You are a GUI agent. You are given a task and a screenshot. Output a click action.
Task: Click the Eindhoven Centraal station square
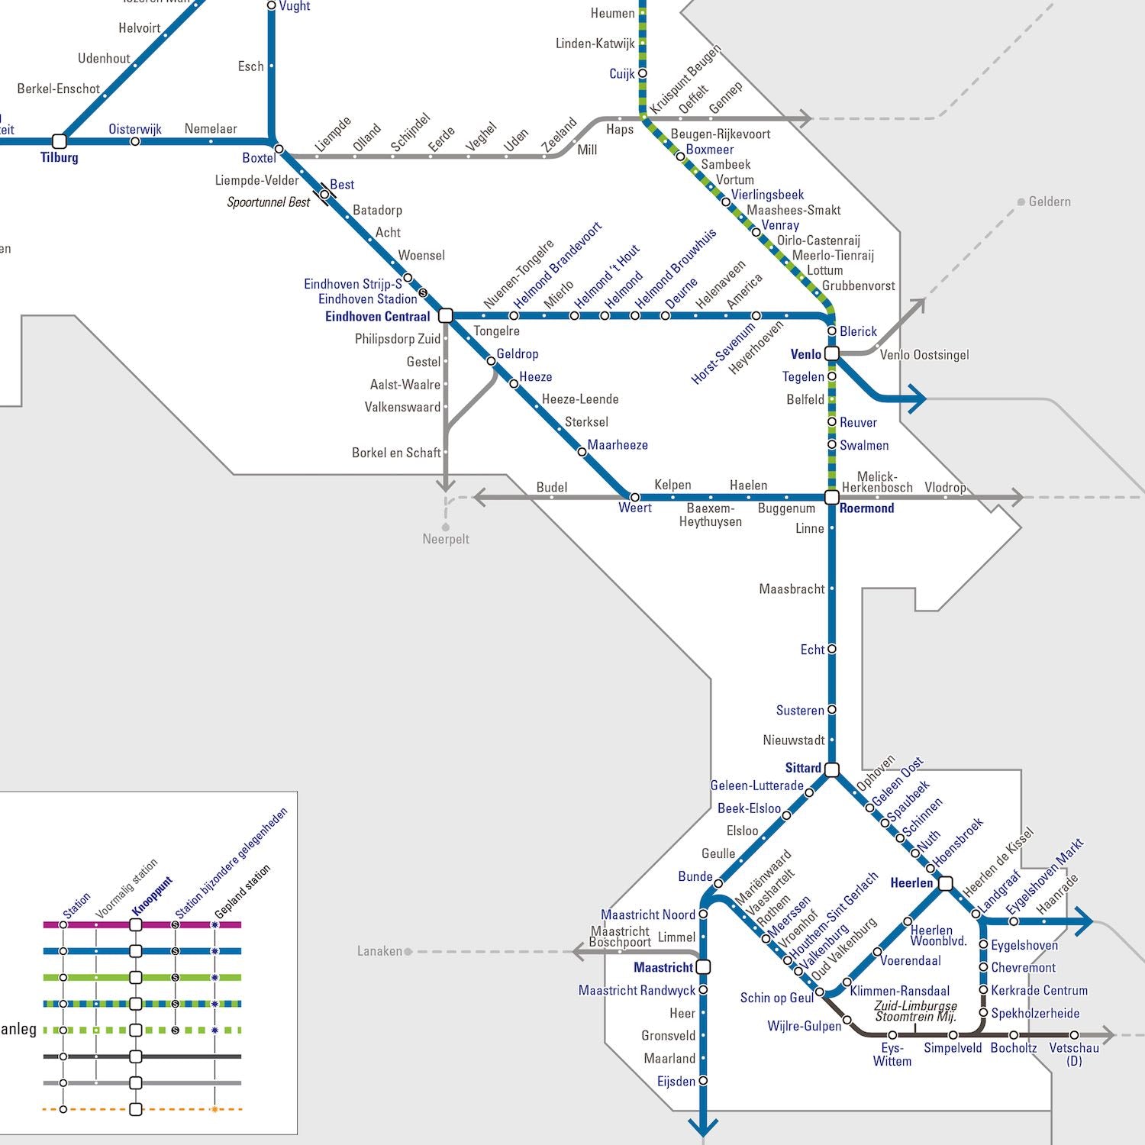click(x=447, y=315)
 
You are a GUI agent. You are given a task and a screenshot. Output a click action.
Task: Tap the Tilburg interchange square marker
click(x=60, y=141)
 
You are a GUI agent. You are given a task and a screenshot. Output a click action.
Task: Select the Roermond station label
click(x=866, y=508)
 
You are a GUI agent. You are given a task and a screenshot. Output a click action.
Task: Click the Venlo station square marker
click(x=832, y=353)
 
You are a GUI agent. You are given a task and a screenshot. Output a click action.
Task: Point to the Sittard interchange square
click(x=832, y=769)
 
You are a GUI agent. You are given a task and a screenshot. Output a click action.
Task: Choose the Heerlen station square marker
click(x=946, y=883)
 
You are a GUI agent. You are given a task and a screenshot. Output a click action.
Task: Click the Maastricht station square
click(x=704, y=967)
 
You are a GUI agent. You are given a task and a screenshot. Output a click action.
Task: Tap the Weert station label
click(x=635, y=508)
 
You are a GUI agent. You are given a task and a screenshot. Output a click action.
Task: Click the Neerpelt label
click(x=446, y=539)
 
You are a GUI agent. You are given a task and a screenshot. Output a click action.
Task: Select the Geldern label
click(x=1050, y=202)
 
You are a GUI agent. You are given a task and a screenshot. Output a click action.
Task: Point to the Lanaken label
click(x=379, y=951)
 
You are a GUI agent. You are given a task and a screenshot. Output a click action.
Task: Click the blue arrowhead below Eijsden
click(x=703, y=1127)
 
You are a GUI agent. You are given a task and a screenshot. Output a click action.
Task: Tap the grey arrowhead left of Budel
click(x=480, y=498)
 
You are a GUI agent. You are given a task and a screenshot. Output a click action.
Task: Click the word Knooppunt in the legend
click(x=153, y=896)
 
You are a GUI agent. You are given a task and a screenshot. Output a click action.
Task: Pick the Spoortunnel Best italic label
click(x=269, y=202)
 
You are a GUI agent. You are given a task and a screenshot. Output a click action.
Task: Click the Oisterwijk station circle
click(x=135, y=141)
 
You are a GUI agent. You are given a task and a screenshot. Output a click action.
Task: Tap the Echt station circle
click(x=832, y=649)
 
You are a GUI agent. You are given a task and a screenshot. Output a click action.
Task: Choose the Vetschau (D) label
click(x=1074, y=1054)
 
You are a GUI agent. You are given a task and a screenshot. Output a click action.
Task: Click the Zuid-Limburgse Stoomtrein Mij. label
click(x=916, y=1011)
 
